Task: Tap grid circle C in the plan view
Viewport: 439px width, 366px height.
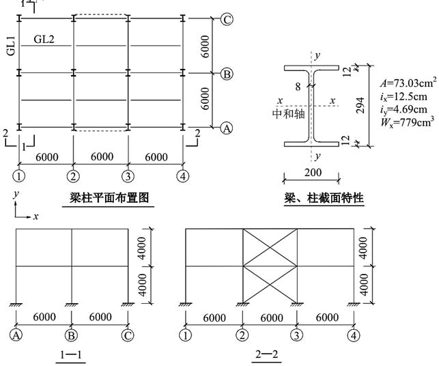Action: pyautogui.click(x=227, y=19)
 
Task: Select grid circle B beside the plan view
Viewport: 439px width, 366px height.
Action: pyautogui.click(x=227, y=73)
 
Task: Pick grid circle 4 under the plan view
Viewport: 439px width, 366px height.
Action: pyautogui.click(x=184, y=176)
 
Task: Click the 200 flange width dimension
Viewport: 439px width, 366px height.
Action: pyautogui.click(x=312, y=172)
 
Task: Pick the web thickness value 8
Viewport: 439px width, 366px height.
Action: pyautogui.click(x=298, y=86)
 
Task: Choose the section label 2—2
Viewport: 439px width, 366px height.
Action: pyautogui.click(x=268, y=354)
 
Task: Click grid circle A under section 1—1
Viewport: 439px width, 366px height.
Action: pyautogui.click(x=15, y=335)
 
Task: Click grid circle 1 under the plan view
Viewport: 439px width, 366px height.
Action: pyautogui.click(x=20, y=176)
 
